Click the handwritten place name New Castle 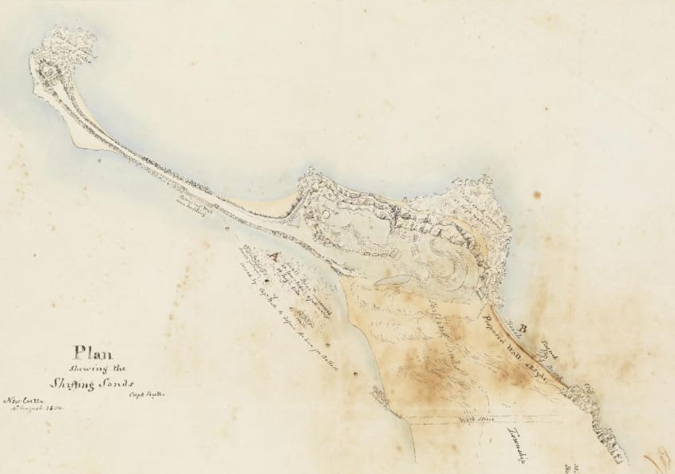(x=25, y=400)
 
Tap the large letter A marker (x=274, y=257)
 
